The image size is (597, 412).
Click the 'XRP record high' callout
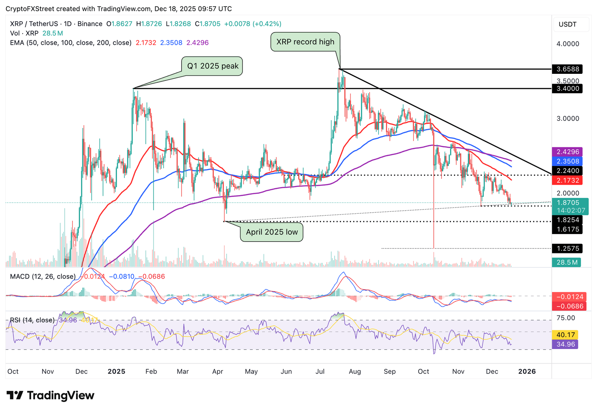pyautogui.click(x=305, y=42)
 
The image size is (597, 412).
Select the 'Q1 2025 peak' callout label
pyautogui.click(x=213, y=66)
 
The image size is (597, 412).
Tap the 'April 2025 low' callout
pyautogui.click(x=272, y=232)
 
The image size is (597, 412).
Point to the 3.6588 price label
pyautogui.click(x=568, y=69)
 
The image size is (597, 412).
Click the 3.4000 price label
pyautogui.click(x=568, y=89)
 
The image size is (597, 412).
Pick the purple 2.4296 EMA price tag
pyautogui.click(x=568, y=152)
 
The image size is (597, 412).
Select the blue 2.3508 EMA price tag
pyautogui.click(x=568, y=161)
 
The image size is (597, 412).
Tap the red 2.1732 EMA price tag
pyautogui.click(x=568, y=180)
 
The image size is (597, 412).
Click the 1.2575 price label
pyautogui.click(x=568, y=248)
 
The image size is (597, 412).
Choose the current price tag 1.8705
pyautogui.click(x=568, y=203)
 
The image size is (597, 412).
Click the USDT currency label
pyautogui.click(x=567, y=24)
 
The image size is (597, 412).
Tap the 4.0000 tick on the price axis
pyautogui.click(x=568, y=44)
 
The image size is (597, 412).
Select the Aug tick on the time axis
pyautogui.click(x=355, y=372)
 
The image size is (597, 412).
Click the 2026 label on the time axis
pyautogui.click(x=527, y=372)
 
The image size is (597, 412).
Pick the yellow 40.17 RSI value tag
pyautogui.click(x=566, y=335)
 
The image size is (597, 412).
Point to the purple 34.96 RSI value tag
pyautogui.click(x=566, y=344)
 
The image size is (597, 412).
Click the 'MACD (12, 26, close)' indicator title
pyautogui.click(x=43, y=276)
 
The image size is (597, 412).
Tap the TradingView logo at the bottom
pyautogui.click(x=51, y=396)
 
